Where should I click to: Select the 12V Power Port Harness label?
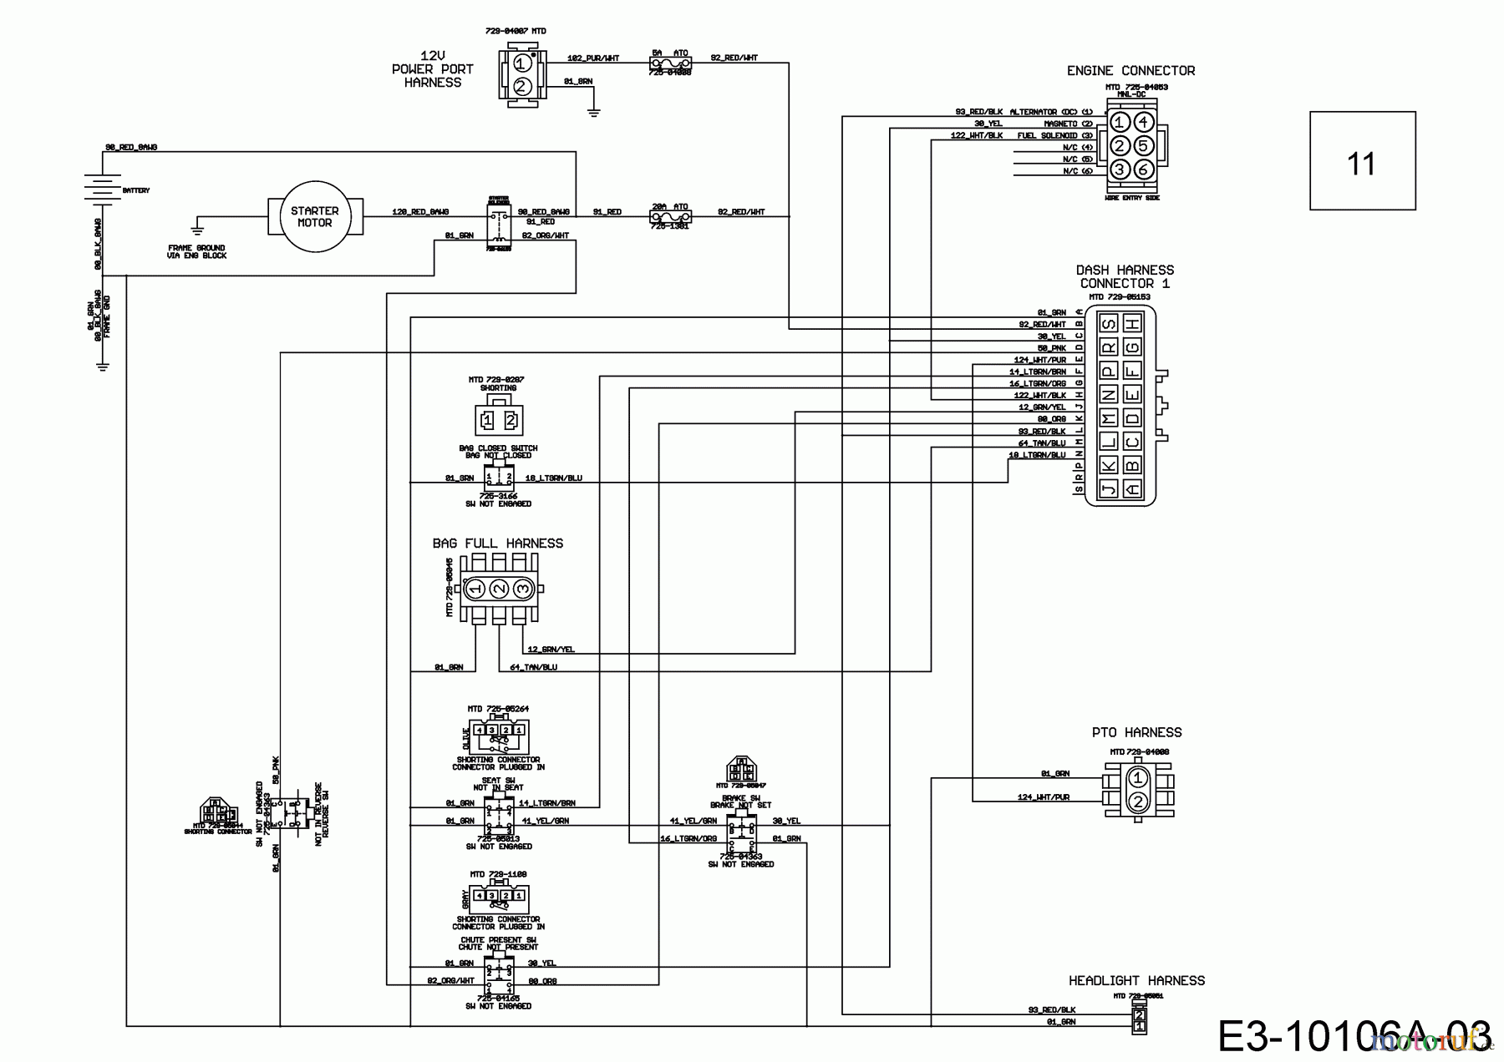click(x=432, y=69)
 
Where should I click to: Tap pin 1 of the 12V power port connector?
click(x=521, y=63)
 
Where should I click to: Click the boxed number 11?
click(x=1362, y=160)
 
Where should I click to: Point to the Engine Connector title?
click(x=1131, y=71)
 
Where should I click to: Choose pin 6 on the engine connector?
click(x=1144, y=169)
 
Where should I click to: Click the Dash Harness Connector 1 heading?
click(x=1125, y=276)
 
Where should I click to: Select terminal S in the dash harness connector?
click(x=1109, y=324)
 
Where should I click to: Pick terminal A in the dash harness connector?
click(x=1132, y=488)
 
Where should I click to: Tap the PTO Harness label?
click(x=1136, y=732)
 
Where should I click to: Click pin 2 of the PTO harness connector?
click(x=1137, y=802)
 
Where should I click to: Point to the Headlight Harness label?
click(x=1136, y=980)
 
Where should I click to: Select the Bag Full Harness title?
click(x=497, y=544)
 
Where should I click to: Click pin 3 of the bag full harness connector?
click(x=523, y=589)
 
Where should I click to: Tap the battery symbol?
click(x=101, y=190)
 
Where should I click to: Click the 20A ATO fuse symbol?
click(x=669, y=218)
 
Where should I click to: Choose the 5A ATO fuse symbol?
click(x=669, y=63)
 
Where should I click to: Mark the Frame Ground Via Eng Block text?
click(x=196, y=251)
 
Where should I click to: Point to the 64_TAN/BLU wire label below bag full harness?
click(x=533, y=667)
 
